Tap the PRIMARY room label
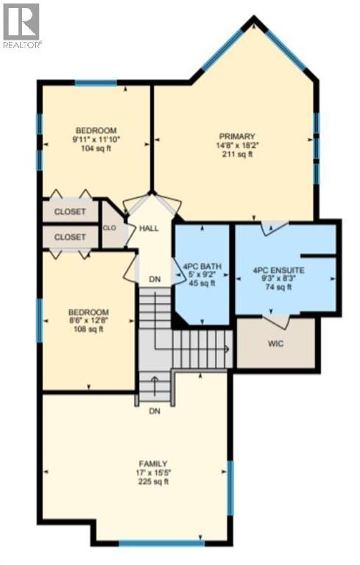(237, 136)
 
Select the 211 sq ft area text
(237, 154)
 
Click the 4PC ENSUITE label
(278, 270)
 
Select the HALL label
(149, 229)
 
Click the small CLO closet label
(110, 228)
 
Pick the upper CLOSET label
(70, 212)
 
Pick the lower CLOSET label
(70, 237)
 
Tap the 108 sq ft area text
(89, 329)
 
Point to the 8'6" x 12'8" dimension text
(89, 320)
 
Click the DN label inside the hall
(155, 280)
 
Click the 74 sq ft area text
(278, 288)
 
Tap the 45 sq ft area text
(198, 283)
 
